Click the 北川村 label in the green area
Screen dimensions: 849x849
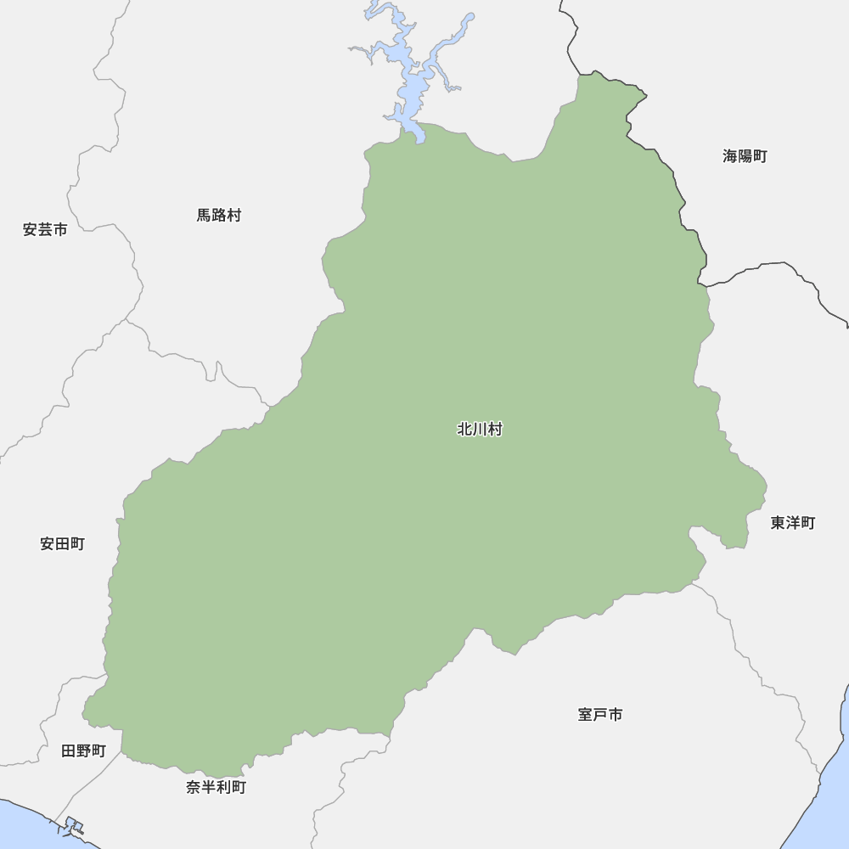480,430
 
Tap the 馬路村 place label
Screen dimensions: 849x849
219,216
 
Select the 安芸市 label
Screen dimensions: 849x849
45,229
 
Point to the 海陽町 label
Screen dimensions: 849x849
745,156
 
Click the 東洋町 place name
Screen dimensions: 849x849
792,523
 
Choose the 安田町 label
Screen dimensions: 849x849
62,544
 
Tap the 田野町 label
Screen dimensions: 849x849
83,751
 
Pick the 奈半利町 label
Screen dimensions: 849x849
216,788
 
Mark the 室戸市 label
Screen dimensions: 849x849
600,715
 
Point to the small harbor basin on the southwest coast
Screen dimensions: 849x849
73,825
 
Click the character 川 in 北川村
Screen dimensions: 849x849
480,430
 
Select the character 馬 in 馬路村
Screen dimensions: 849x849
205,216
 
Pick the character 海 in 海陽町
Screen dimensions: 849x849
730,156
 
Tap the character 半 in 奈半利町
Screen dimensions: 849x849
208,788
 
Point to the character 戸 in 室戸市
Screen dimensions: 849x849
600,715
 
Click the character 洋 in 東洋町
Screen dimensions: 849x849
792,523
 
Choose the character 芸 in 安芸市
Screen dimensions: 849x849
45,229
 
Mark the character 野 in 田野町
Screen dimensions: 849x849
83,751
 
